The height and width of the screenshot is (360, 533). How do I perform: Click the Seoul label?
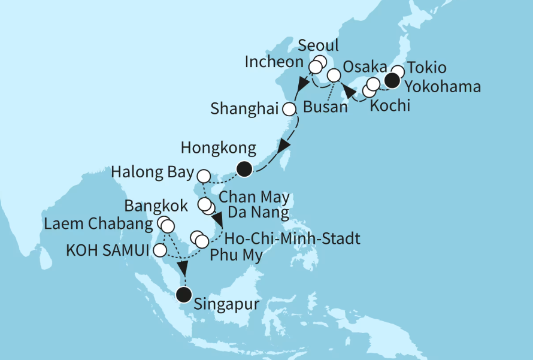318,46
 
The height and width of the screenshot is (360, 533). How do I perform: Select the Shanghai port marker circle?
290,110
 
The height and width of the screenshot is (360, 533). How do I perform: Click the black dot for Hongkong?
243,170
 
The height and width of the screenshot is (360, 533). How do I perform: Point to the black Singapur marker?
184,294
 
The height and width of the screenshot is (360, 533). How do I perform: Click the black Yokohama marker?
393,81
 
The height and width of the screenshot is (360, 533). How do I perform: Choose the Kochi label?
390,106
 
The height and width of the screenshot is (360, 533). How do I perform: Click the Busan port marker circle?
334,75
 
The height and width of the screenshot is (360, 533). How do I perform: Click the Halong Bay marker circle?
204,176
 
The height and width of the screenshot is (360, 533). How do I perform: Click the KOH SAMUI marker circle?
160,250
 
